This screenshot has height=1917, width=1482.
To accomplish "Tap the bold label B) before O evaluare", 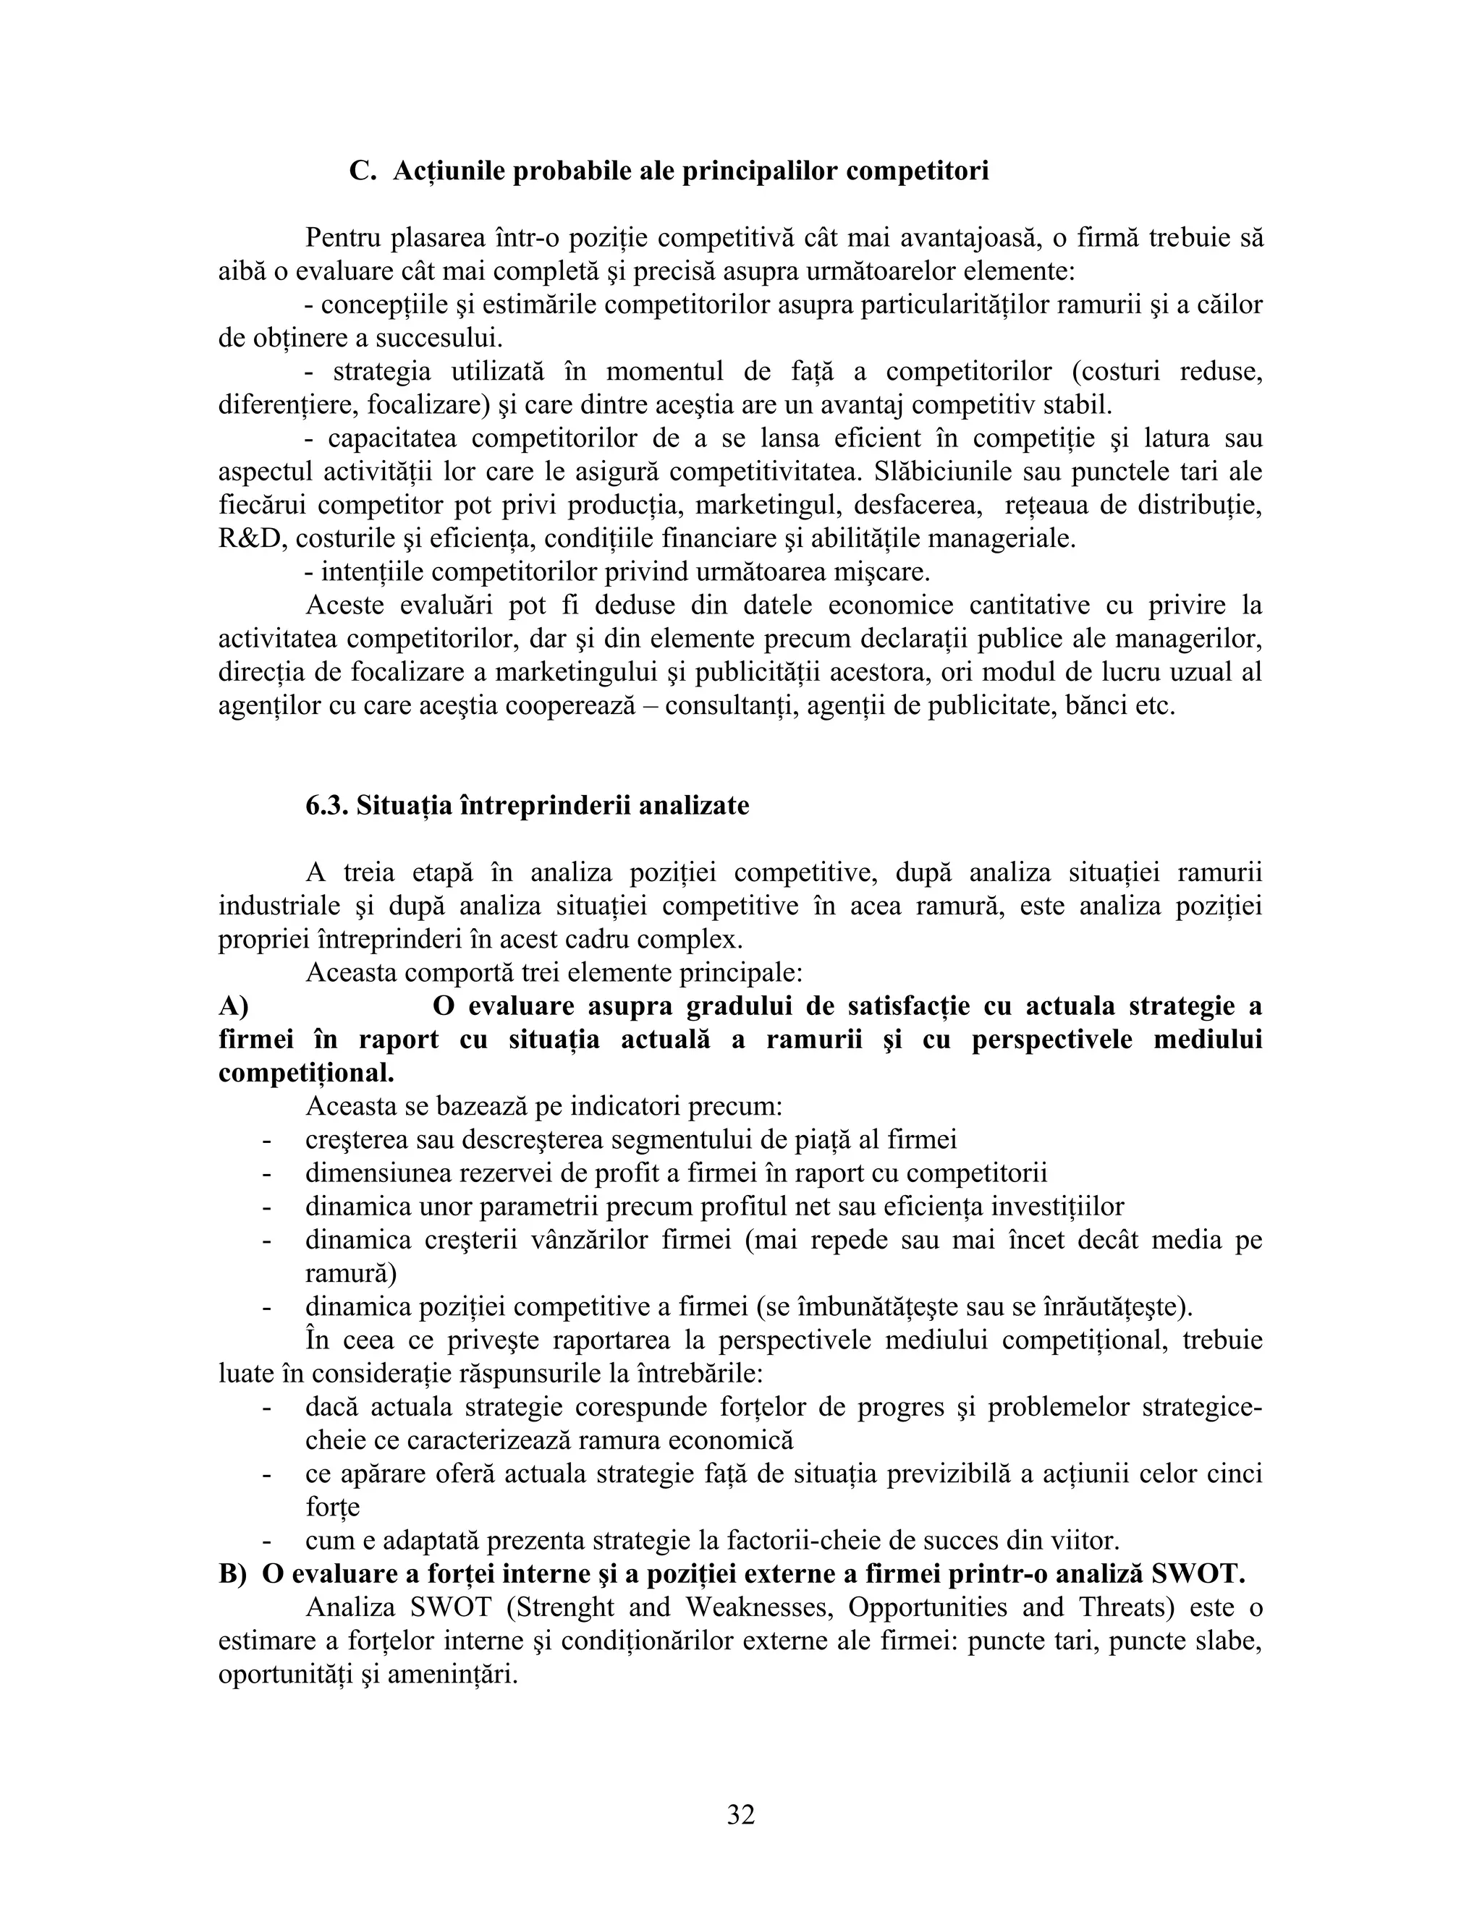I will click(x=234, y=1574).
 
